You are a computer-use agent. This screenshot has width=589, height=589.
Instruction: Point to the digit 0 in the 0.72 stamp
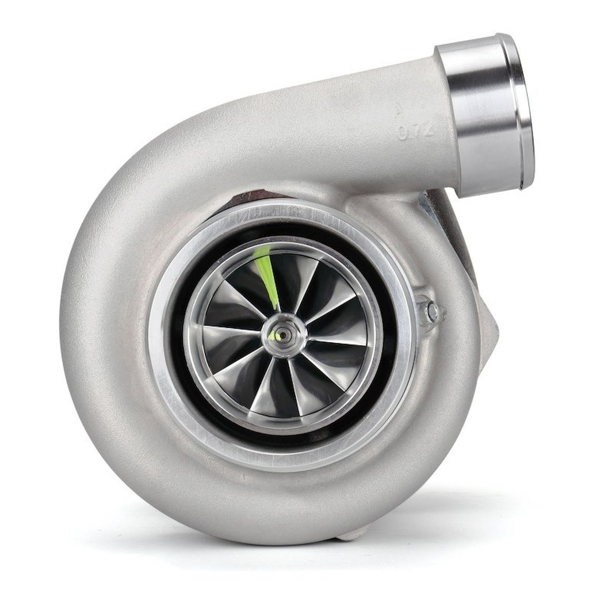403,133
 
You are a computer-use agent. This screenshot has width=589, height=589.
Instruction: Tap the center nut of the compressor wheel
284,335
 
